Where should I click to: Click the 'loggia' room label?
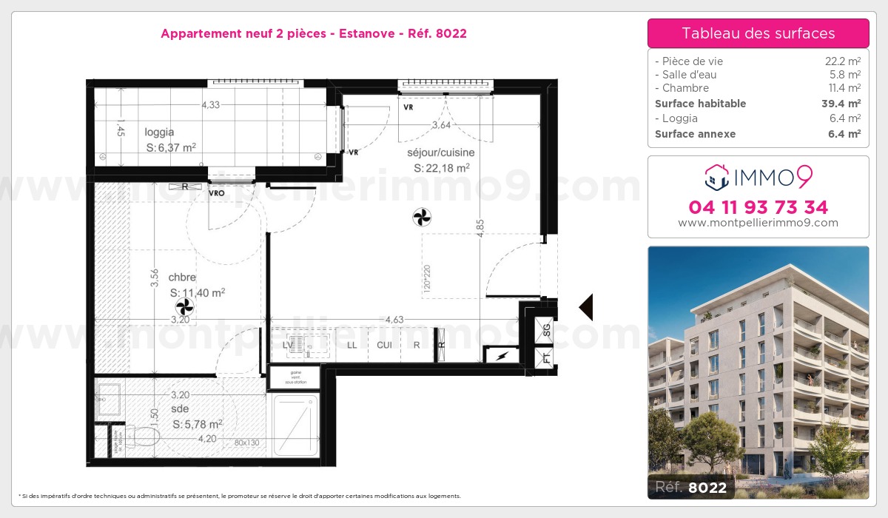159,132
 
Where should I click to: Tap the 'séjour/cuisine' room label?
440,153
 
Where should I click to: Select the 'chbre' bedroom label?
181,277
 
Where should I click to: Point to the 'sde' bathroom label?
180,408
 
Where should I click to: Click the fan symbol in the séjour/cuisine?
422,217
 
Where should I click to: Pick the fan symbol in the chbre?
184,306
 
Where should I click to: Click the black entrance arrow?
586,307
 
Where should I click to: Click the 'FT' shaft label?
546,358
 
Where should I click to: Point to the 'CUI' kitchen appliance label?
384,345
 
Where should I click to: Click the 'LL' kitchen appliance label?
352,345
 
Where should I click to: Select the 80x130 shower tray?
295,425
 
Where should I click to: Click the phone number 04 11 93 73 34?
758,207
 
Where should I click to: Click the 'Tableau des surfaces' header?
758,33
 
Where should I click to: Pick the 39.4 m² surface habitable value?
844,104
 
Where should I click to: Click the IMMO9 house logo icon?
716,176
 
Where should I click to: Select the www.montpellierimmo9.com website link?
758,223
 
